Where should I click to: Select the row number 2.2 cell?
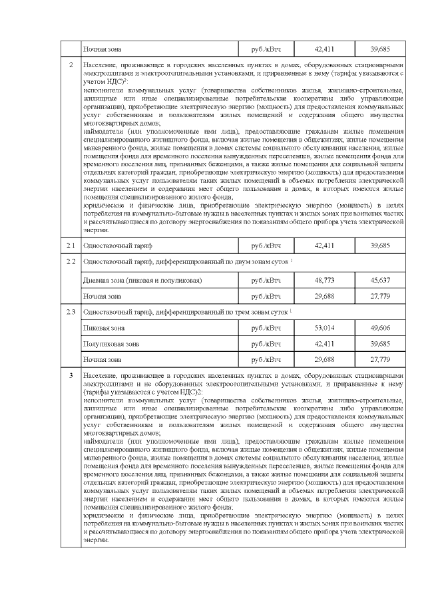click(71, 263)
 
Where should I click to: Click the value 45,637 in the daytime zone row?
click(380, 280)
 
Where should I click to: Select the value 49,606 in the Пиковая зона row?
click(380, 328)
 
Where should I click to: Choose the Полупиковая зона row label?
click(111, 344)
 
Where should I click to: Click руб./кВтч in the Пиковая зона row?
click(266, 328)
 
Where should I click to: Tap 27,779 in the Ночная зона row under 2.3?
click(380, 359)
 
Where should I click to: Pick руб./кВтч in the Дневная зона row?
click(266, 280)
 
